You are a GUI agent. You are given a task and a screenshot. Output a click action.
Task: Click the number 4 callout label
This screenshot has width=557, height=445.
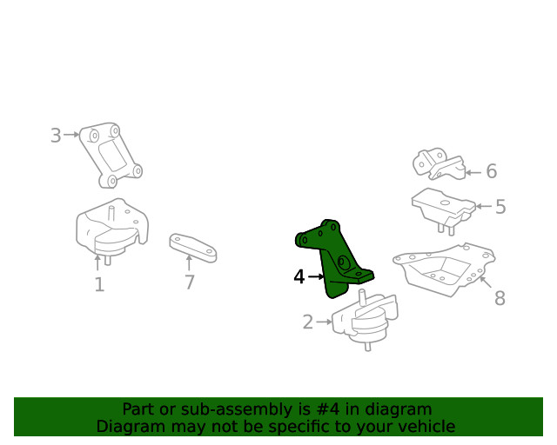(299, 276)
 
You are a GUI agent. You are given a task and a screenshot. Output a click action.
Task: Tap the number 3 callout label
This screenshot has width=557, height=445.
(56, 136)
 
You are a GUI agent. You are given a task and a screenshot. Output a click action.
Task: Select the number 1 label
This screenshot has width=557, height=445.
(99, 284)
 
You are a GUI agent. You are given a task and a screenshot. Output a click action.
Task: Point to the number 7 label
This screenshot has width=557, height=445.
(190, 282)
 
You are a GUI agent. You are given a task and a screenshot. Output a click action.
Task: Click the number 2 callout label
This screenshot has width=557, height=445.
(308, 322)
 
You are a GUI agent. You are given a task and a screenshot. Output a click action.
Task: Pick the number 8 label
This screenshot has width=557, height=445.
(500, 298)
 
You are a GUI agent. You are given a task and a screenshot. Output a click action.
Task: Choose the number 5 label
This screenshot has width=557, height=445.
(500, 207)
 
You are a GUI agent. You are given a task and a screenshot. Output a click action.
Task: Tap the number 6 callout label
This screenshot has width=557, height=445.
(491, 171)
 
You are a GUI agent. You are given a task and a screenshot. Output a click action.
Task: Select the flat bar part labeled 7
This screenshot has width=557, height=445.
(193, 248)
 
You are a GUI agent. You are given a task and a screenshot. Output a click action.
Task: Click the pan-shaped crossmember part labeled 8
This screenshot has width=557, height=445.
(444, 269)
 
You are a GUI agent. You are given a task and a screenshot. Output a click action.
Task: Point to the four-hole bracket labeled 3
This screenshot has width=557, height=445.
(111, 155)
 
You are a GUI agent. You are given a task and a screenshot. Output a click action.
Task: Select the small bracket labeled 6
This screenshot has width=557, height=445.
(439, 164)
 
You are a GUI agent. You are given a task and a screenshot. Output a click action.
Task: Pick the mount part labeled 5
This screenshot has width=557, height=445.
(443, 209)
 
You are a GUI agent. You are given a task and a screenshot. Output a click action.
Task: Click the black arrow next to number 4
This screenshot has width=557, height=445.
(316, 276)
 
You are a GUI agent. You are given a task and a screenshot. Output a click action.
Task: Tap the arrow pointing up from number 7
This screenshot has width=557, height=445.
(189, 263)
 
